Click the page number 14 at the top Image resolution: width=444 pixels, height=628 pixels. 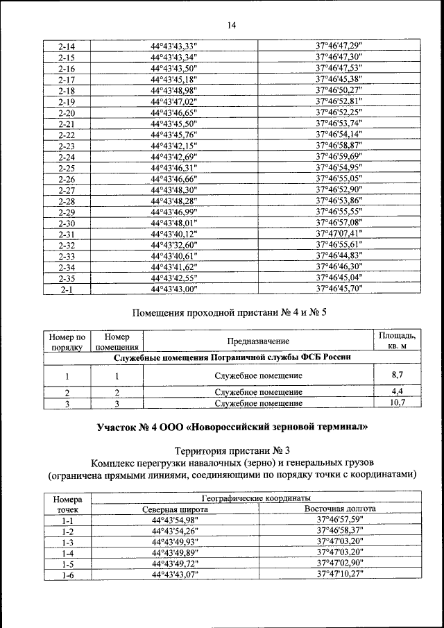[232, 26]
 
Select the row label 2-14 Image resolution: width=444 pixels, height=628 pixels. [67, 46]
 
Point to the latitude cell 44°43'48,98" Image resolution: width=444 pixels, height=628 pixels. [174, 91]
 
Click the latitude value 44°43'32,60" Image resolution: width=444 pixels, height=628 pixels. [174, 245]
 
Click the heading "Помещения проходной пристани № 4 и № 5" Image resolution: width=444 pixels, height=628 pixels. [229, 313]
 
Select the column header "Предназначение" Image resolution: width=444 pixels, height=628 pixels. [257, 341]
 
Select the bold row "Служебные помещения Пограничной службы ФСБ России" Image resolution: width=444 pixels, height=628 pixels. [232, 357]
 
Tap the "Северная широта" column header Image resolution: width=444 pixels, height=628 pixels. [174, 509]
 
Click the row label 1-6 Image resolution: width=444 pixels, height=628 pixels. [67, 575]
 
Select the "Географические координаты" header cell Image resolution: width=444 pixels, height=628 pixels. [257, 498]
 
